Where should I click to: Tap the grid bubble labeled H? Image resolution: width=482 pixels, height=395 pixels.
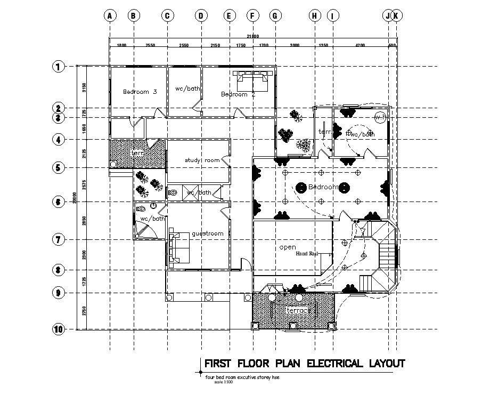click(314, 16)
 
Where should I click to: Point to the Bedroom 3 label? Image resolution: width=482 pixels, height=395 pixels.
click(140, 92)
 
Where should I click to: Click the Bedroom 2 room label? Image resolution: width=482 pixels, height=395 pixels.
click(238, 94)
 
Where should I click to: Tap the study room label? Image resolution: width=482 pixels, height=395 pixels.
click(202, 160)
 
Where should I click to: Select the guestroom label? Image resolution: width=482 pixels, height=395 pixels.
click(207, 233)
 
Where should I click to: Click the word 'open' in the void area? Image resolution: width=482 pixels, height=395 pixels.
click(288, 247)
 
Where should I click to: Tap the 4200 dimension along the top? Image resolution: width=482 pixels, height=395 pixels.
click(360, 46)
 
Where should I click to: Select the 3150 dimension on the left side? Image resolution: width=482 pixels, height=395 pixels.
click(83, 87)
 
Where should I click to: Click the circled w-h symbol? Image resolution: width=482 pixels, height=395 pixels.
click(380, 117)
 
